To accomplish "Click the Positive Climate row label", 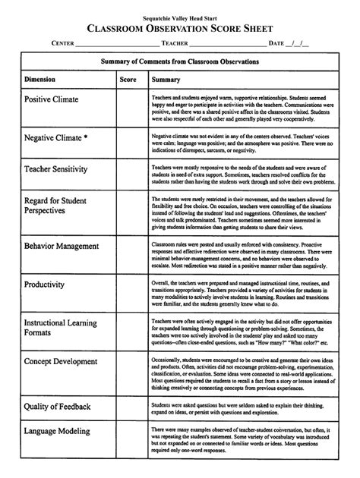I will click(x=55, y=99).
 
